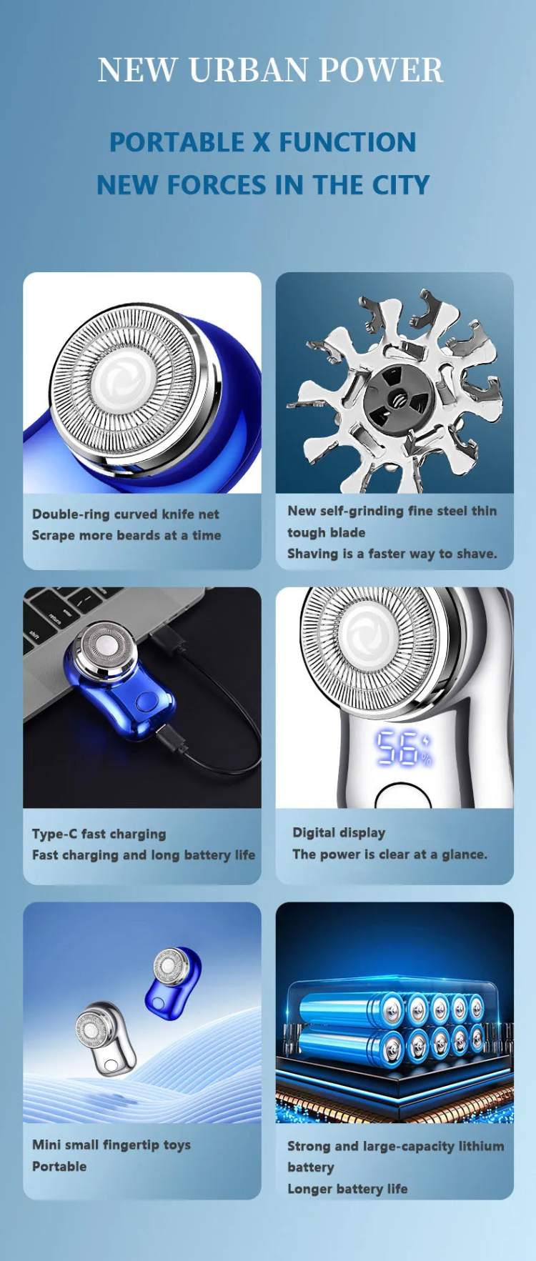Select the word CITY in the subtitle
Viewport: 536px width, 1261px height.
pyautogui.click(x=400, y=185)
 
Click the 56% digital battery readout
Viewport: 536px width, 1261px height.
pyautogui.click(x=403, y=748)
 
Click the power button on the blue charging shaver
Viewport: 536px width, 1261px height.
pyautogui.click(x=147, y=702)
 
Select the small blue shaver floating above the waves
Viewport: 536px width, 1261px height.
pyautogui.click(x=173, y=979)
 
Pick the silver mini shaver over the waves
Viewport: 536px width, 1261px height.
pyautogui.click(x=105, y=1038)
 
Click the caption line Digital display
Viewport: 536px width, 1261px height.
pyautogui.click(x=339, y=832)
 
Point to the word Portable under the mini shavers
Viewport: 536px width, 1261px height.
pyautogui.click(x=59, y=1166)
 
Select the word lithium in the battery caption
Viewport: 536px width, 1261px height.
pyautogui.click(x=481, y=1146)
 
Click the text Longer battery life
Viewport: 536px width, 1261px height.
pyautogui.click(x=347, y=1189)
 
